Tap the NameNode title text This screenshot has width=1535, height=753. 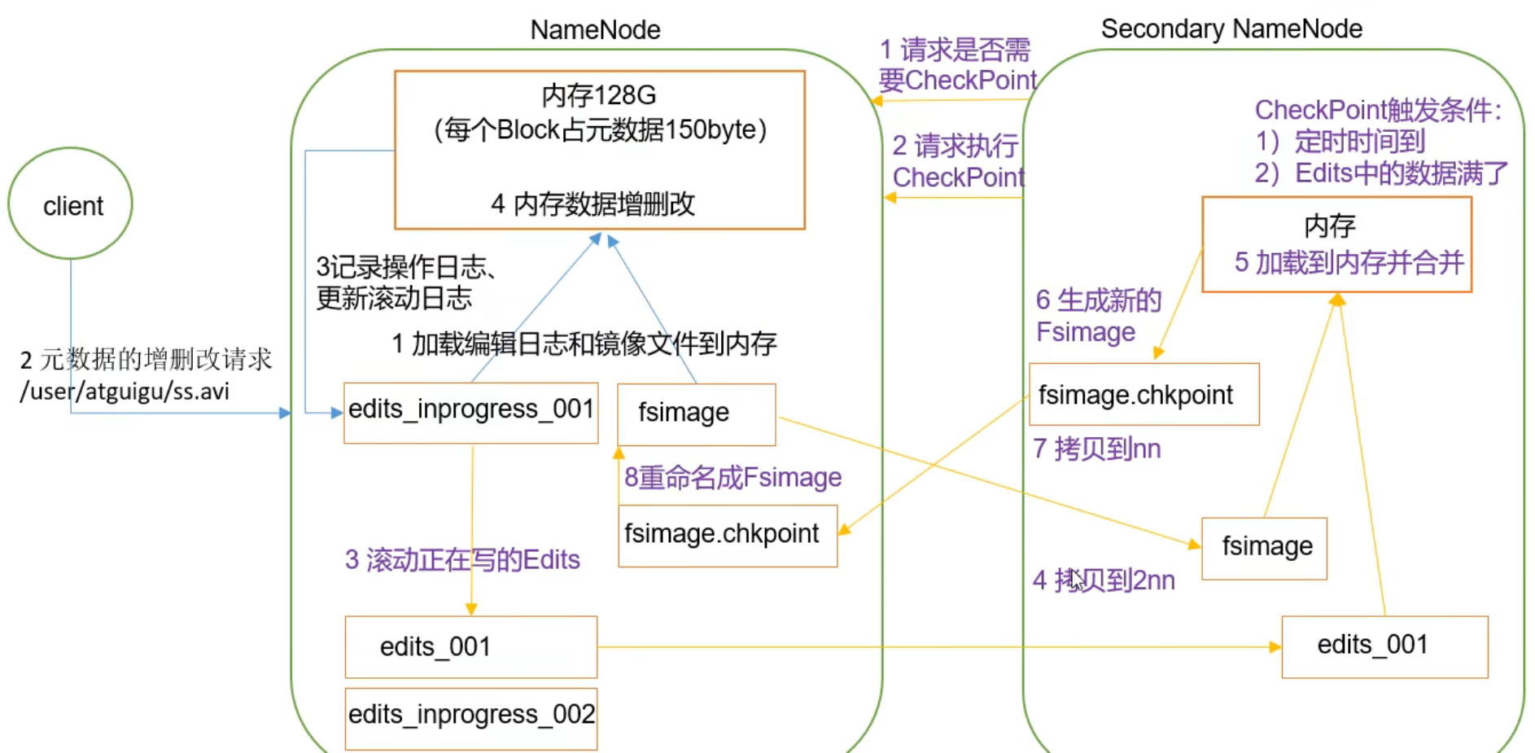[595, 30]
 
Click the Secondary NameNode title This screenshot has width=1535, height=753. [1231, 29]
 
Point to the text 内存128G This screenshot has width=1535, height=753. [599, 95]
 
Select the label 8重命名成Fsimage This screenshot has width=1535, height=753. [733, 477]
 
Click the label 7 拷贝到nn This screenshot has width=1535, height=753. [1096, 449]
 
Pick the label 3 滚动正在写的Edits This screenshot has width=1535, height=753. [462, 559]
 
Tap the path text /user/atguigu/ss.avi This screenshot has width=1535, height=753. [125, 392]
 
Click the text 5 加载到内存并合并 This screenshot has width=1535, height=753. [1349, 262]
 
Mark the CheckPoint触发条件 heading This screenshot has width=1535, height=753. [1378, 110]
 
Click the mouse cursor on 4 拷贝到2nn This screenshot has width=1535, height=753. [1077, 580]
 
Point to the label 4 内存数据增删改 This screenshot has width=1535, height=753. [593, 204]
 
